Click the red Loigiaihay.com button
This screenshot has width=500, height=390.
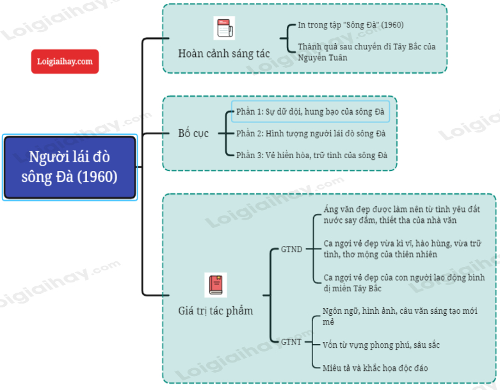(65, 61)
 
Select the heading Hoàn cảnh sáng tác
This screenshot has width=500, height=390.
(223, 53)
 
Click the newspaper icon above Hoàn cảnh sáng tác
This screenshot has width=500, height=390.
(224, 29)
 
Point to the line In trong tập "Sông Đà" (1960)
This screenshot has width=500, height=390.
(351, 25)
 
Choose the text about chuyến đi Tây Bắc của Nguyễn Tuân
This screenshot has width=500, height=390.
(371, 52)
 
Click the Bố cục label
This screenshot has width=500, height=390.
(193, 134)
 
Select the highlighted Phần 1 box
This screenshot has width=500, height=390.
(310, 112)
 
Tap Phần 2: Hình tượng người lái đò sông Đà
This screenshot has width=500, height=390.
(310, 134)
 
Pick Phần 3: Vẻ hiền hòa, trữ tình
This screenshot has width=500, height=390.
(312, 156)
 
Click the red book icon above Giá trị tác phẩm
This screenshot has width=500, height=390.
(216, 285)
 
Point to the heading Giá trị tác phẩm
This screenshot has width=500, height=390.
(215, 311)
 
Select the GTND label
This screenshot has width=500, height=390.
(291, 249)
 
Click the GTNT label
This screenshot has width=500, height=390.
(291, 342)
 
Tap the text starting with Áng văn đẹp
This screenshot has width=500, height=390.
(401, 215)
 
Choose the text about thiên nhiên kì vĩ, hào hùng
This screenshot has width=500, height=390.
(402, 249)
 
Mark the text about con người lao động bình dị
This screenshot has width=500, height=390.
(404, 283)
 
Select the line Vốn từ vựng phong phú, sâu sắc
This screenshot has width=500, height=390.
(382, 345)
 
